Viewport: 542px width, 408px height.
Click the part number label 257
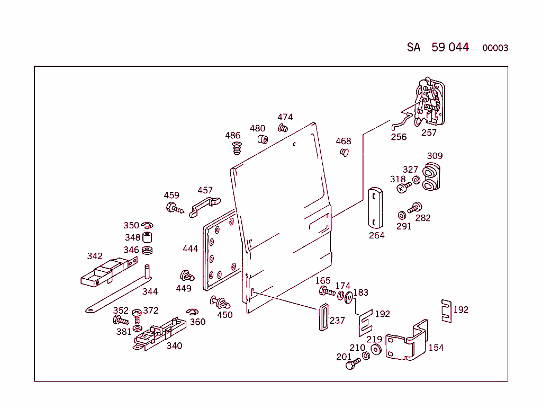pos(429,132)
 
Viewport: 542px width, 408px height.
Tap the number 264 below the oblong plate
pos(376,235)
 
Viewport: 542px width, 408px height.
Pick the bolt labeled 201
pos(350,365)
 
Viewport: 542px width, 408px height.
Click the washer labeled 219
pos(376,350)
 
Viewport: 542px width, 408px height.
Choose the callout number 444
pos(190,249)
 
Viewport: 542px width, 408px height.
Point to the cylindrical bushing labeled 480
pos(263,139)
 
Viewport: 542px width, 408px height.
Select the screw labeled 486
pos(236,147)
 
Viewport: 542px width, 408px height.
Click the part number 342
pos(95,256)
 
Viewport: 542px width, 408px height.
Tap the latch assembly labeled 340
pos(158,334)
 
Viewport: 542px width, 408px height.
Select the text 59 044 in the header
pos(450,47)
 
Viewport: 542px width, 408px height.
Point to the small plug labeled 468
pos(345,153)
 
